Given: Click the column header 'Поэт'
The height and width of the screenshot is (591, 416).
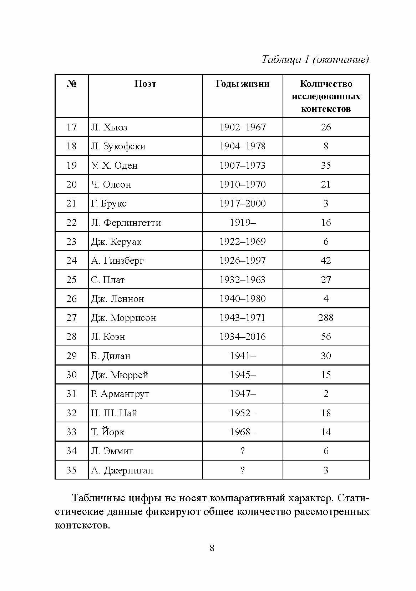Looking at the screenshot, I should coord(145,84).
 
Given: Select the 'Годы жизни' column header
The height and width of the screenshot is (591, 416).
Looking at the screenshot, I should coord(243,84).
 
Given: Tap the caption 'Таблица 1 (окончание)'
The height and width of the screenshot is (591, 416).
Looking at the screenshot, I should coord(315,59).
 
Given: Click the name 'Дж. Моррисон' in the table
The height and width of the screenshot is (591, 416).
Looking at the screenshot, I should coord(123,318).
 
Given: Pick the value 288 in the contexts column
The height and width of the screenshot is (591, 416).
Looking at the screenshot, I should coord(326,318).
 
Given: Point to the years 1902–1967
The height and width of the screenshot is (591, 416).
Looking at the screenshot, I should coord(243,127).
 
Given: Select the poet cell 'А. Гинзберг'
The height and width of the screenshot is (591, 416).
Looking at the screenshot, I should coord(117,260).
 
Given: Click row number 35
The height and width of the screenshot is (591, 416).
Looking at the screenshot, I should coord(71,470).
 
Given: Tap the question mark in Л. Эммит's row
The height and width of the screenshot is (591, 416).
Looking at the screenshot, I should coord(243,451).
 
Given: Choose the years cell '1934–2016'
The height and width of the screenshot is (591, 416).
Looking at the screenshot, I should coord(243,337).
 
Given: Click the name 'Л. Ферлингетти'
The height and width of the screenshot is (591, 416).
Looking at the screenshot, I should coord(126,223).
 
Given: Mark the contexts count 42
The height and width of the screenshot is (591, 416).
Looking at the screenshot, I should coord(326,260).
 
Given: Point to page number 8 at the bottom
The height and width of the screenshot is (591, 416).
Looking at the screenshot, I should coord(212,548).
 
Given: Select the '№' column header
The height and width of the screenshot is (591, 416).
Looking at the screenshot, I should coord(72,84).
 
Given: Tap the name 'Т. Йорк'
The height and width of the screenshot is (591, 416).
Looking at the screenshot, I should coord(108,432).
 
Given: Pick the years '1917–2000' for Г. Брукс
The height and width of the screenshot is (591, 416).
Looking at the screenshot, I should coord(243,203).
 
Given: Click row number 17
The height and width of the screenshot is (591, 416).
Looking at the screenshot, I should coord(71,127).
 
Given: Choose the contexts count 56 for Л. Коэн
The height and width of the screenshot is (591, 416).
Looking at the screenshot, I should coord(326,337).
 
